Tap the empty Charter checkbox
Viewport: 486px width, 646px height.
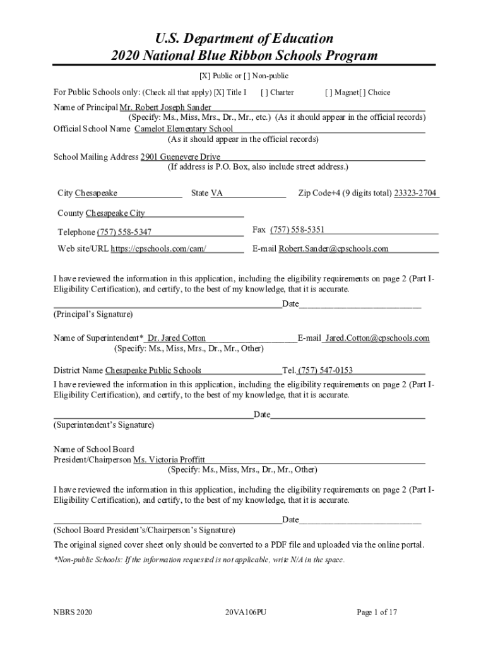pyautogui.click(x=264, y=93)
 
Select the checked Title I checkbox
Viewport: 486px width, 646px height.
pyautogui.click(x=218, y=93)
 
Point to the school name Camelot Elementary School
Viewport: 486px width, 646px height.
pyautogui.click(x=184, y=129)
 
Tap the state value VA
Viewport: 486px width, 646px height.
pyautogui.click(x=216, y=193)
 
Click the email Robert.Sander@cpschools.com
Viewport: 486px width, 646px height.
pyautogui.click(x=333, y=249)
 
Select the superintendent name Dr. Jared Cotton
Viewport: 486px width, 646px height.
pyautogui.click(x=176, y=338)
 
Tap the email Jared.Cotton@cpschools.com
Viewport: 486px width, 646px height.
pyautogui.click(x=377, y=338)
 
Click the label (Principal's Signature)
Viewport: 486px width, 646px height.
pyautogui.click(x=93, y=314)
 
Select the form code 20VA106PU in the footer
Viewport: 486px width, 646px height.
pyautogui.click(x=246, y=612)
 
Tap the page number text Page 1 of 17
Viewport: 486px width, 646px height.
pyautogui.click(x=377, y=612)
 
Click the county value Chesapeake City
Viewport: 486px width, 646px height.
pyautogui.click(x=115, y=213)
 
